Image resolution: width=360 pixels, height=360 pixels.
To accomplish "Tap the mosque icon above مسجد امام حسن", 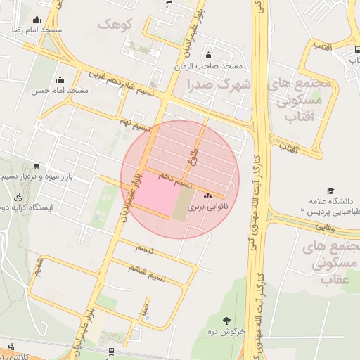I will [x=60, y=79].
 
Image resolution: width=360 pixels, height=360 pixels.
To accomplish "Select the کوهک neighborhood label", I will [x=115, y=25].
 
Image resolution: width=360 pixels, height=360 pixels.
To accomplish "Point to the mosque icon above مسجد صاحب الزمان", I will [x=207, y=56].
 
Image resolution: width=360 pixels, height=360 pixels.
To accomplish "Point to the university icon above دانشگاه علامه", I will [x=330, y=191].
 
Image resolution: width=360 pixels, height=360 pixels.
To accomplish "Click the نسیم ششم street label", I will [x=147, y=271].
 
